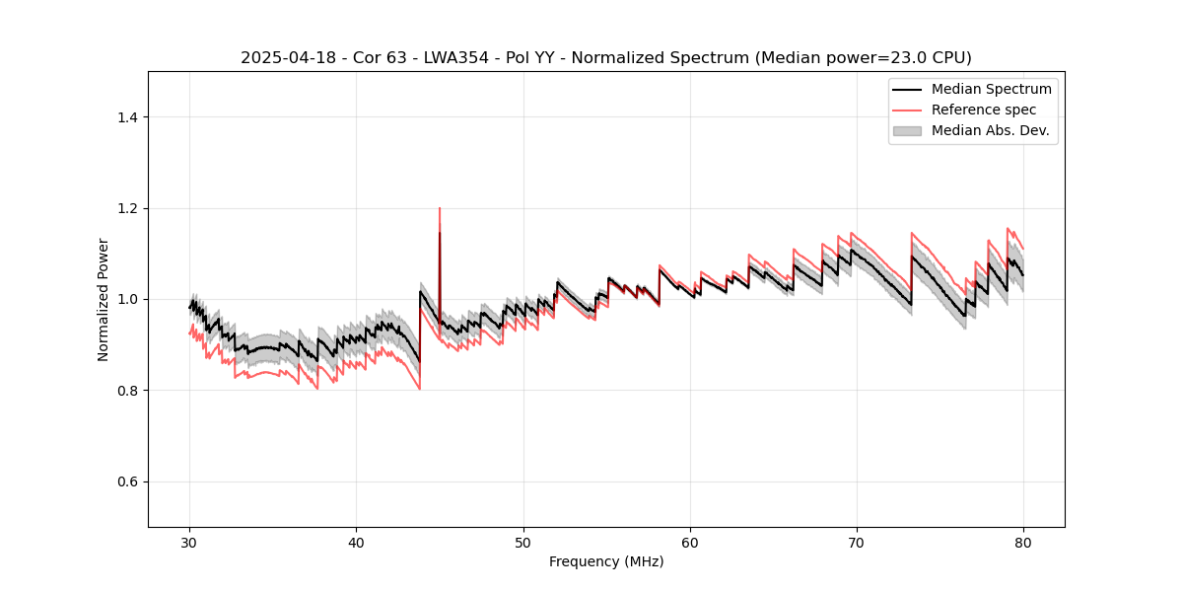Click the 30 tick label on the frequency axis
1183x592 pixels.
click(x=190, y=543)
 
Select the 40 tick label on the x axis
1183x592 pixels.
click(x=357, y=543)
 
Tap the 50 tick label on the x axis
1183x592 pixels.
click(x=523, y=543)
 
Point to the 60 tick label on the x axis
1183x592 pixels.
click(x=690, y=543)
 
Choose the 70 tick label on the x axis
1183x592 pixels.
click(x=857, y=543)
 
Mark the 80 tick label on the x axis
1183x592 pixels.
click(x=1023, y=543)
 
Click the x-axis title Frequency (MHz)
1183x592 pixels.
click(x=606, y=561)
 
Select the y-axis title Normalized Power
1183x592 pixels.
click(x=104, y=299)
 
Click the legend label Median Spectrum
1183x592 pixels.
click(x=991, y=89)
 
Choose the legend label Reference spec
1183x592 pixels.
click(x=984, y=110)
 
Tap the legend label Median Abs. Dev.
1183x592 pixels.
click(x=990, y=130)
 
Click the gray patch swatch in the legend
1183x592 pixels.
click(x=907, y=130)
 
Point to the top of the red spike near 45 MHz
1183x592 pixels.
click(x=440, y=208)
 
